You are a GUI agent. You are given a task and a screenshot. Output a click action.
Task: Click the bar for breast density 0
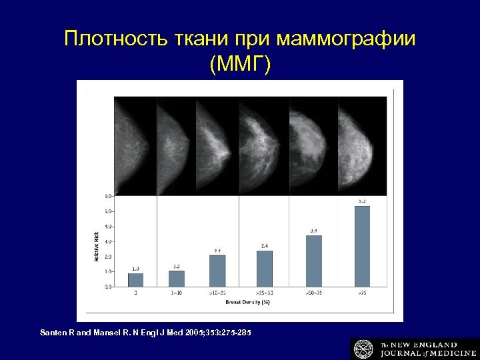pyautogui.click(x=135, y=279)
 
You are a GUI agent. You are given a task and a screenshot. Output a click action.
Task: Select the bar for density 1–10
pyautogui.click(x=177, y=278)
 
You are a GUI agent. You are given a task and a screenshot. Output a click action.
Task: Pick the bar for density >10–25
pyautogui.click(x=217, y=271)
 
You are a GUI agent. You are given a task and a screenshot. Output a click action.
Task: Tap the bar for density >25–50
pyautogui.click(x=265, y=268)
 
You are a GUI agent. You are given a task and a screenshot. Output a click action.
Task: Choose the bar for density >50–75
pyautogui.click(x=313, y=261)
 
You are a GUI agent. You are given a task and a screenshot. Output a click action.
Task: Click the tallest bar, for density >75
pyautogui.click(x=362, y=246)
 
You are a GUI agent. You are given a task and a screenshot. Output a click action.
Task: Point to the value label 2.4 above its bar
pyautogui.click(x=265, y=246)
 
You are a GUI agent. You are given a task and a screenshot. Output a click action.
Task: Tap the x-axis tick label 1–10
pyautogui.click(x=177, y=293)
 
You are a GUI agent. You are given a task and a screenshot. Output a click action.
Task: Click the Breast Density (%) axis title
pyautogui.click(x=247, y=302)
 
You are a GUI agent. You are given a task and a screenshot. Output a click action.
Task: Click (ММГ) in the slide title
pyautogui.click(x=240, y=65)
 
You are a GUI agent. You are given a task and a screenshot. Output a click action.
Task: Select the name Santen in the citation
pyautogui.click(x=54, y=331)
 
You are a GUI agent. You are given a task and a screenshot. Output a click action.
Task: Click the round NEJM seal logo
pyautogui.click(x=364, y=349)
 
